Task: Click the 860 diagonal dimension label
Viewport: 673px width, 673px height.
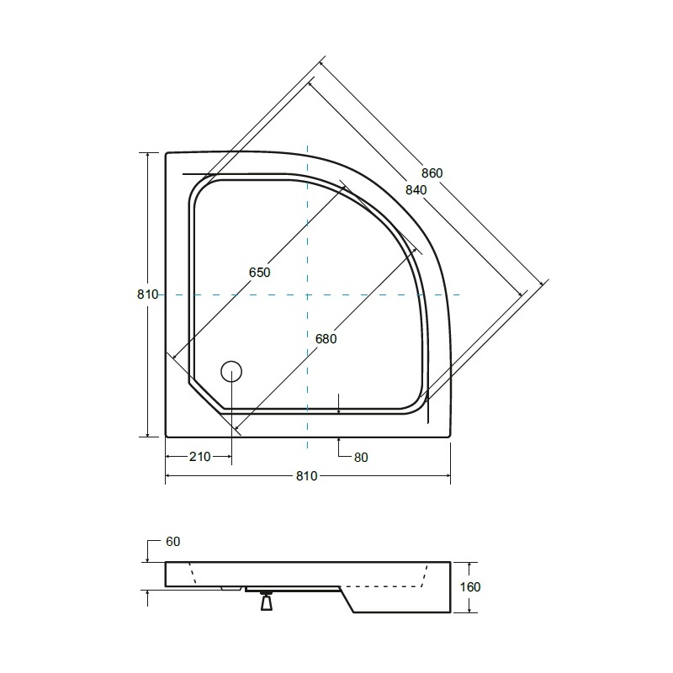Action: (432, 173)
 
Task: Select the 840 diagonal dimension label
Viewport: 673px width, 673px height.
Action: (416, 190)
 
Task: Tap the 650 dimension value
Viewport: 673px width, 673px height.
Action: (259, 272)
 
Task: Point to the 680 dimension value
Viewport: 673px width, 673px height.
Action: (326, 339)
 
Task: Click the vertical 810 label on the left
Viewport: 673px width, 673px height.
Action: (148, 294)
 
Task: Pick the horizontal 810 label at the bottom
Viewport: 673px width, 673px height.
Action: (307, 475)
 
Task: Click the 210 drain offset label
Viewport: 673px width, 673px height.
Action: (200, 457)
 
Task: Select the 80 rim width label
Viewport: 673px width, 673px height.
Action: (361, 458)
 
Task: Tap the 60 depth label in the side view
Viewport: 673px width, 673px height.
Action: (172, 542)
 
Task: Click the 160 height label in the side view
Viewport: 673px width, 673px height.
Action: (470, 586)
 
